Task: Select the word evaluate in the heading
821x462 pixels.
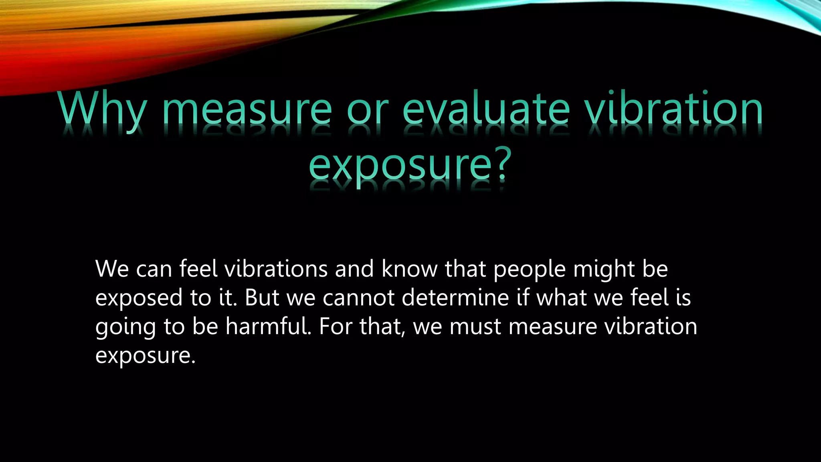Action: point(486,109)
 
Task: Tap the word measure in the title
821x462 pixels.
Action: point(247,109)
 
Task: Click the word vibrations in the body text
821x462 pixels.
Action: point(276,269)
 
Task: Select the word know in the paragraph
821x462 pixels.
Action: point(409,269)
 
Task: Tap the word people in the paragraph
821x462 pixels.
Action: point(529,269)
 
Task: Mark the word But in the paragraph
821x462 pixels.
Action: point(261,298)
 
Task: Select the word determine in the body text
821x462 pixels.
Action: point(455,298)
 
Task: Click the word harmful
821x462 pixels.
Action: point(268,326)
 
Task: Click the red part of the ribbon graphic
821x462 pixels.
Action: point(32,68)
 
